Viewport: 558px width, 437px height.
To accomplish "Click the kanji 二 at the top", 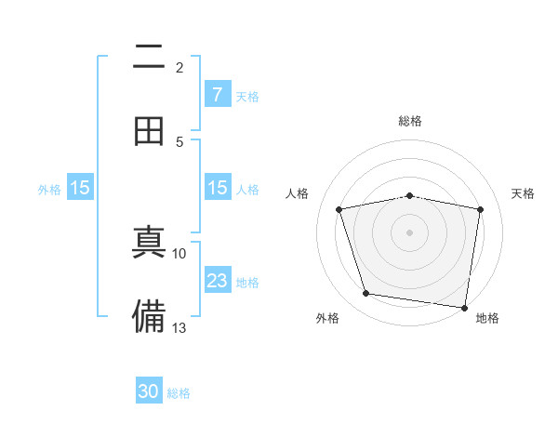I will tap(149, 58).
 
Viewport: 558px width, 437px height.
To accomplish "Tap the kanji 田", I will tap(149, 131).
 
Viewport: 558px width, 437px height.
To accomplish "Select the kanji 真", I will tap(149, 244).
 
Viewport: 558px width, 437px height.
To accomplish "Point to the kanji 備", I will tap(149, 316).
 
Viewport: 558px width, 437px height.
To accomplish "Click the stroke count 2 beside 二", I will tap(179, 68).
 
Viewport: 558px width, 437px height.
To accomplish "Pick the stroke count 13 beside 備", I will tap(179, 327).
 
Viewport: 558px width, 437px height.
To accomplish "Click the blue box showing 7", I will tap(217, 94).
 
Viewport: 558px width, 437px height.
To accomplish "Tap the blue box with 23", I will tap(217, 281).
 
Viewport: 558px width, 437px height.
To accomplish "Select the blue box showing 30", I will tap(149, 392).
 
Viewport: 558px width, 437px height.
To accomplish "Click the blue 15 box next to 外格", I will tap(80, 188).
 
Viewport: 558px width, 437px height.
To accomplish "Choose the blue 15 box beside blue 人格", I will tap(217, 188).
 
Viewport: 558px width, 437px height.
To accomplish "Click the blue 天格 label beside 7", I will tap(247, 96).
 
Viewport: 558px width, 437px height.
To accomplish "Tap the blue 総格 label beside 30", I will tap(179, 393).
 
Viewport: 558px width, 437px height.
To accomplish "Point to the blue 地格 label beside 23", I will tap(247, 283).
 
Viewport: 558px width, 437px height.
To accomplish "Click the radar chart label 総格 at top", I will tap(410, 121).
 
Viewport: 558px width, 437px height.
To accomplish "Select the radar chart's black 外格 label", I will tap(327, 318).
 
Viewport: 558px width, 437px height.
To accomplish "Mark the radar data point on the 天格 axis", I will tap(481, 209).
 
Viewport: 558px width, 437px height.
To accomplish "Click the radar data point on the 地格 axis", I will tap(464, 307).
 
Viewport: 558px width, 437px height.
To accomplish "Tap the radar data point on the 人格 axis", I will tap(339, 209).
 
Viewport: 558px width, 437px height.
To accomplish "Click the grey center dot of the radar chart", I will tap(410, 232).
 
